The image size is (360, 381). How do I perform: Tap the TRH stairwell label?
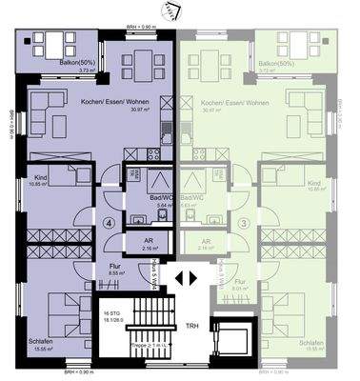pos(191,323)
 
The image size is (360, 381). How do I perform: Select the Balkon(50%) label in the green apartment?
pos(276,64)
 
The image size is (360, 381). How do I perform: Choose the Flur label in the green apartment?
pos(240,281)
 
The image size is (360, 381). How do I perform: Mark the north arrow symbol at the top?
pos(173,10)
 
